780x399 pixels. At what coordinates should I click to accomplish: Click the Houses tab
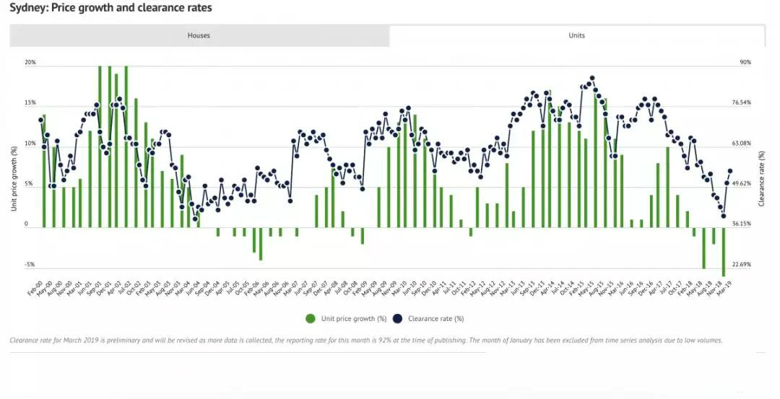(x=199, y=35)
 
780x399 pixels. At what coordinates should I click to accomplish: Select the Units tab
(x=576, y=35)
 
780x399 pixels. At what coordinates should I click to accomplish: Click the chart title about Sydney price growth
(x=110, y=8)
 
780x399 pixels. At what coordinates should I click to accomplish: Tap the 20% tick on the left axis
(x=30, y=63)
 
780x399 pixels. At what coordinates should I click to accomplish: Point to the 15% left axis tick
(x=30, y=103)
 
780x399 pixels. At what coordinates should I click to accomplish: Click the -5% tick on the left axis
(x=30, y=265)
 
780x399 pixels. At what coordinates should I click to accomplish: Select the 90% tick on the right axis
(x=745, y=63)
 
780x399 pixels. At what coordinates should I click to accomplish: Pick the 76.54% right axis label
(x=742, y=103)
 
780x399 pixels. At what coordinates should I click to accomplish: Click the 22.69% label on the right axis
(x=742, y=265)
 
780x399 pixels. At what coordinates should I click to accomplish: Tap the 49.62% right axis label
(x=742, y=184)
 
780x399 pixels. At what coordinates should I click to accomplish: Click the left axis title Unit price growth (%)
(x=14, y=178)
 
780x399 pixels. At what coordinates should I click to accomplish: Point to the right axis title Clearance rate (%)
(x=761, y=178)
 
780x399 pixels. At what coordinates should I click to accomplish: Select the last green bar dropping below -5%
(x=723, y=253)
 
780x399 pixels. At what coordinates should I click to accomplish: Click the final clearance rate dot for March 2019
(x=730, y=171)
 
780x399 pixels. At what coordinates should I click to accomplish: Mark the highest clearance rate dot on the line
(x=591, y=78)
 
